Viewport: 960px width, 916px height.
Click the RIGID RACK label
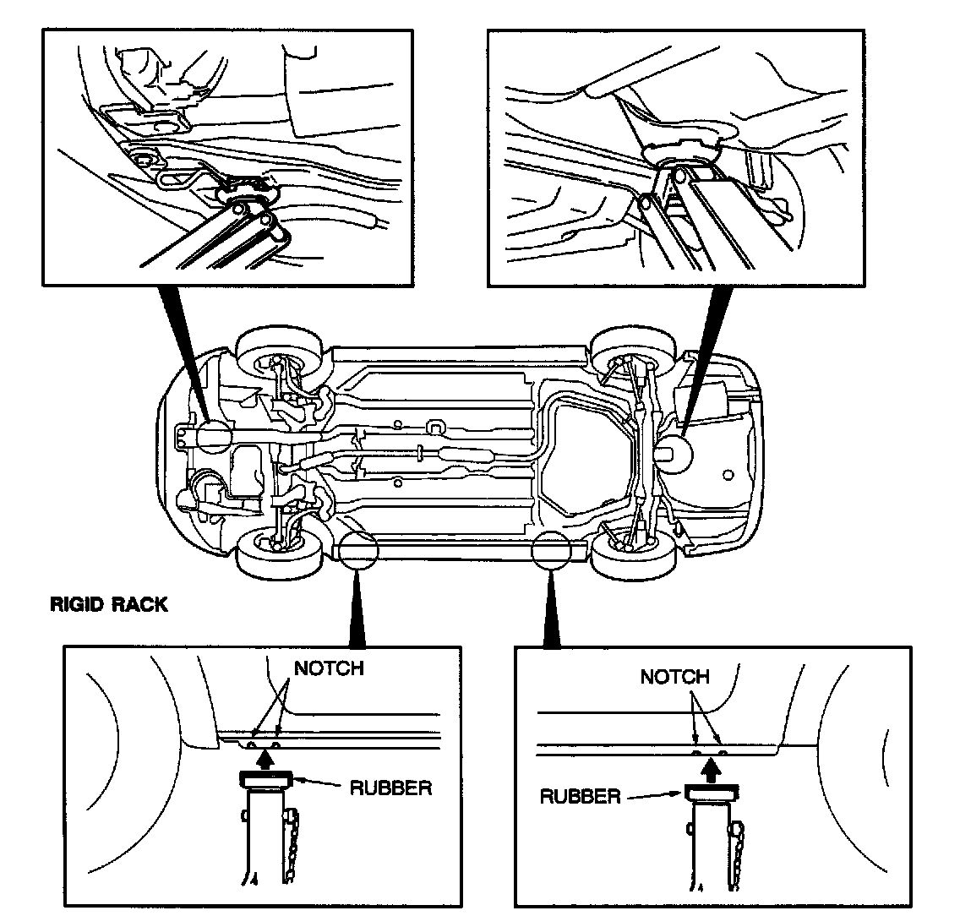coord(109,605)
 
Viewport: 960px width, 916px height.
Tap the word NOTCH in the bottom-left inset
coord(328,668)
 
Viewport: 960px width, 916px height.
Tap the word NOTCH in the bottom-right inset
coord(674,677)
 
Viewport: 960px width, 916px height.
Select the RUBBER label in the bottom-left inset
coord(390,788)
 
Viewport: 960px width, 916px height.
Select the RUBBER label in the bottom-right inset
coord(581,797)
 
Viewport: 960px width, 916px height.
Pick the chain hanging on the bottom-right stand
coord(738,853)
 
